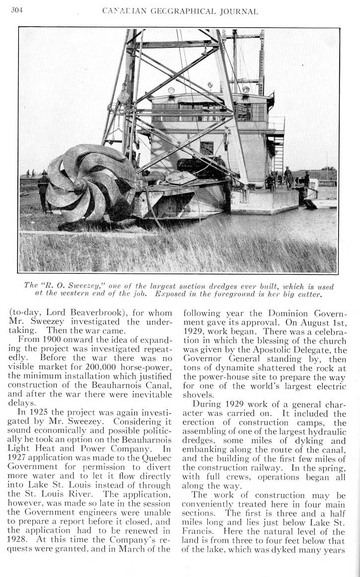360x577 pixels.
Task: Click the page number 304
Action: coord(17,10)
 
